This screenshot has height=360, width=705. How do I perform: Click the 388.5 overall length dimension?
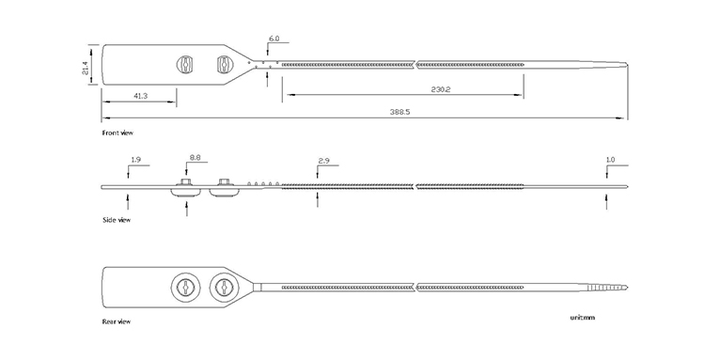(399, 112)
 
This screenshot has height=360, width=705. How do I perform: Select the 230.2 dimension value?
(441, 89)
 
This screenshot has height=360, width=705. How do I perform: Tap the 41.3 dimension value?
(140, 96)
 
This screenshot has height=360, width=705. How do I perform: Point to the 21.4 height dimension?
(86, 68)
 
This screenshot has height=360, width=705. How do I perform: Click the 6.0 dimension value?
(274, 39)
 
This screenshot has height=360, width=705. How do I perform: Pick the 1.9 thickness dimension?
(135, 160)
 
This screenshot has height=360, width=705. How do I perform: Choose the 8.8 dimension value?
(196, 158)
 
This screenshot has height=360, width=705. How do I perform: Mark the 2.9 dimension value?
(323, 160)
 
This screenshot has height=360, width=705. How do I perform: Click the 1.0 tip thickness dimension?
(610, 160)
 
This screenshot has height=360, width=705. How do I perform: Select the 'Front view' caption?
(117, 133)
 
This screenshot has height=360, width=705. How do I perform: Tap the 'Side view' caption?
(117, 220)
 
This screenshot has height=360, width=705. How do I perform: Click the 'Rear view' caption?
(117, 321)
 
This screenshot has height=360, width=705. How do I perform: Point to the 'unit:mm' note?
(582, 318)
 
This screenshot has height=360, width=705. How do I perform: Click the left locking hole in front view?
(185, 64)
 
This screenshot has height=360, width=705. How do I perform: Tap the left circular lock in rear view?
(186, 288)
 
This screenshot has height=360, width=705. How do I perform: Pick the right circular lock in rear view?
(224, 288)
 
